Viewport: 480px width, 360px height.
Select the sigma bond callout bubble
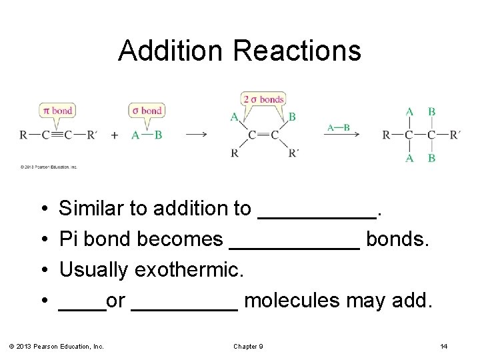tap(147, 110)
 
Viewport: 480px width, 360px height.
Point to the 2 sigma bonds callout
tap(263, 99)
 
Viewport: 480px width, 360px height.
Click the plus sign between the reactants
tap(115, 135)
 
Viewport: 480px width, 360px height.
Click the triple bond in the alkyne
tap(57, 135)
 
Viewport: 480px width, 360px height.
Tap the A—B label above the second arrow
tap(339, 126)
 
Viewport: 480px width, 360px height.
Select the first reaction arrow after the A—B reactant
tap(195, 135)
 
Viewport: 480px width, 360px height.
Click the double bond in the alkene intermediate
tap(263, 135)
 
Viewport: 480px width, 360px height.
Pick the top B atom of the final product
tap(431, 112)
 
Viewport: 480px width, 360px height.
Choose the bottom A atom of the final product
tap(409, 158)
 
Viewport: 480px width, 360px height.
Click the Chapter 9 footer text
tap(249, 346)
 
